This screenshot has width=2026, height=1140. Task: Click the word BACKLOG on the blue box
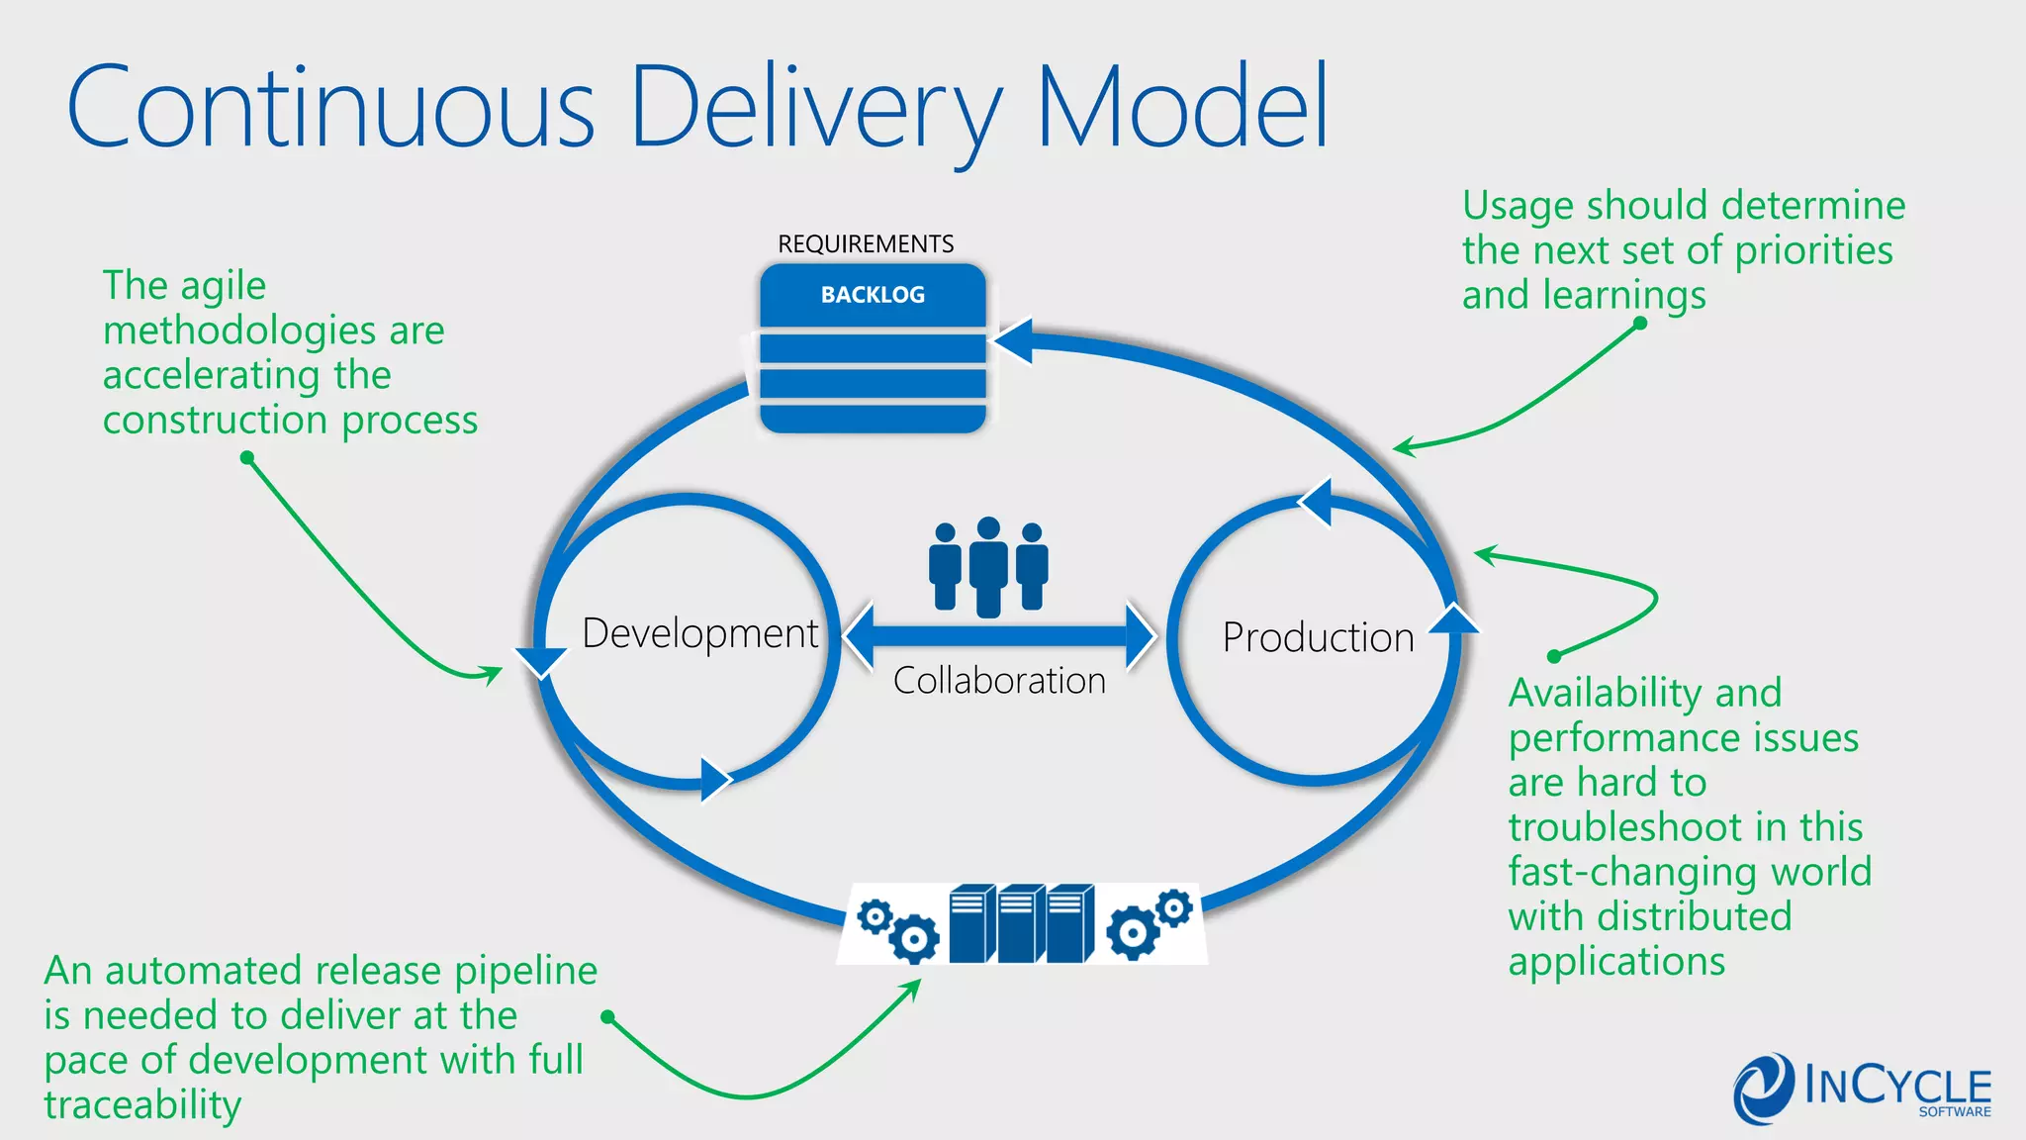click(x=873, y=295)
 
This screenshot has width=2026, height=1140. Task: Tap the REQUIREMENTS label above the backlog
click(x=866, y=244)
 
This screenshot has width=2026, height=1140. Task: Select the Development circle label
click(x=699, y=634)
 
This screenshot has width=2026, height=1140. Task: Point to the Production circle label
click(x=1318, y=638)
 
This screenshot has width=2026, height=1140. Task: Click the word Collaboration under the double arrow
click(x=999, y=681)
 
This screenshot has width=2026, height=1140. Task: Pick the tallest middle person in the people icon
click(x=988, y=567)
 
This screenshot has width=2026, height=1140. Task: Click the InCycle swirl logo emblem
click(x=1763, y=1090)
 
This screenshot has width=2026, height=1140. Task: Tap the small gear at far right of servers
click(x=1174, y=907)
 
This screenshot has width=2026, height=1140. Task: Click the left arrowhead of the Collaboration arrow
click(x=860, y=635)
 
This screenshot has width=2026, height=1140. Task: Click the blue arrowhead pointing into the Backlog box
click(x=1015, y=341)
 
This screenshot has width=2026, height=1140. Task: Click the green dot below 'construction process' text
click(x=247, y=457)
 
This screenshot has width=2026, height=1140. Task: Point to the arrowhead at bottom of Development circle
click(x=714, y=780)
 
